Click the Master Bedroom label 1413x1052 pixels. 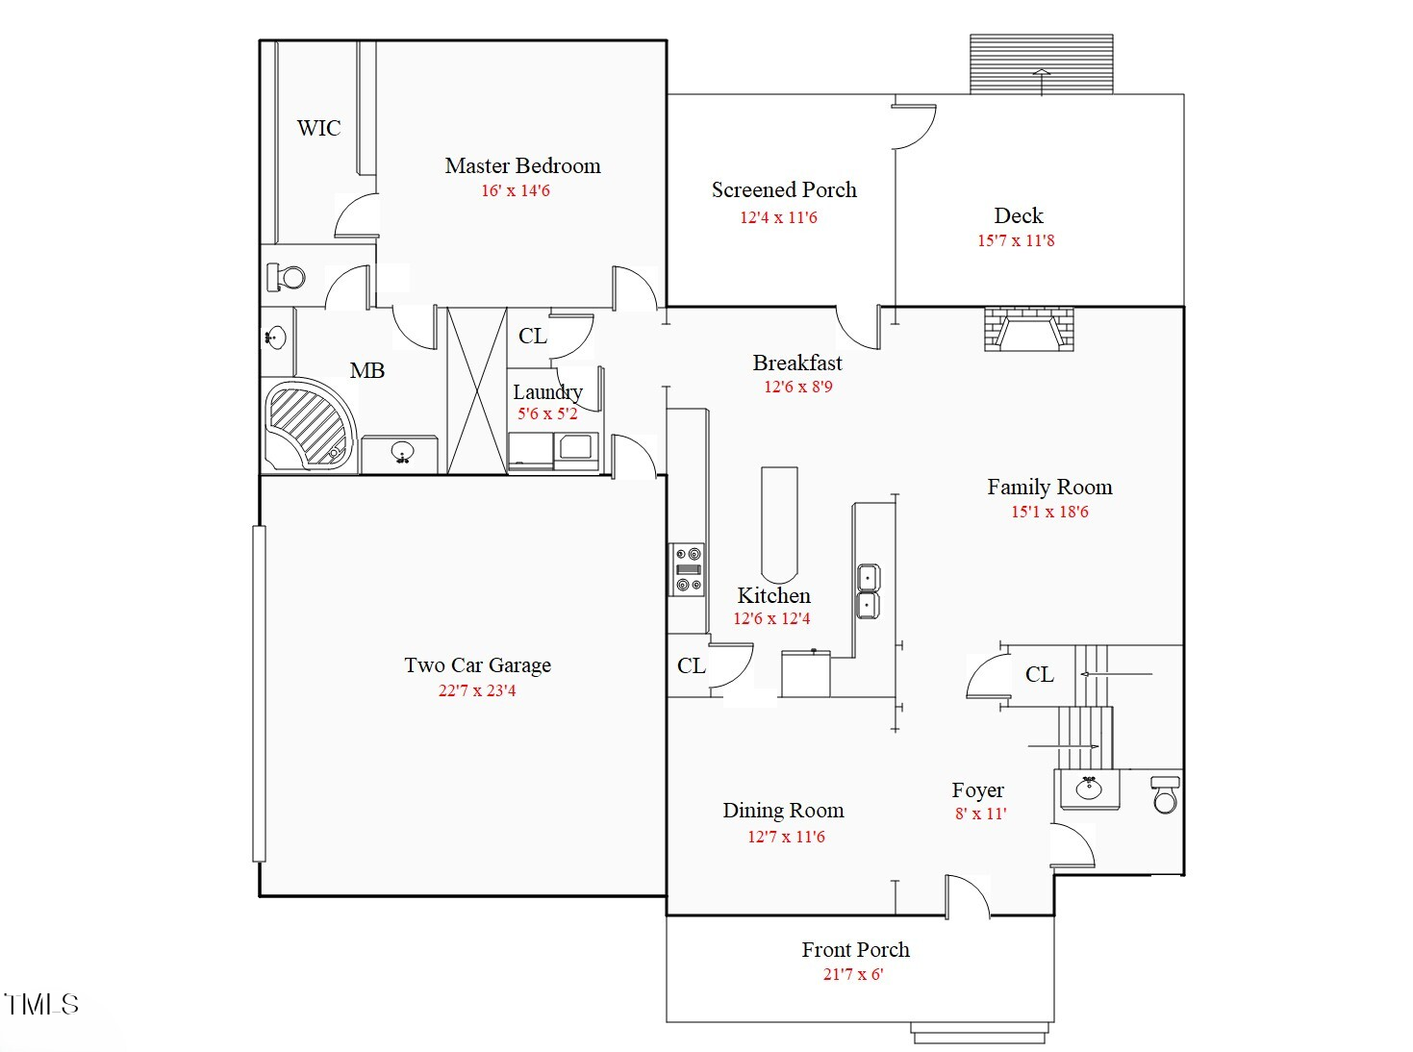tap(522, 165)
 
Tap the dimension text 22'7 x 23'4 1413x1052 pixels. tap(476, 690)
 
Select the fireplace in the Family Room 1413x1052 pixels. tap(1029, 329)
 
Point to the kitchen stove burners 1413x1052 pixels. tap(687, 569)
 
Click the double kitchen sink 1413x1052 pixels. tap(868, 591)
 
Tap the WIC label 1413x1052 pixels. tap(318, 128)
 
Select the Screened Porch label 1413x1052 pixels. tap(784, 189)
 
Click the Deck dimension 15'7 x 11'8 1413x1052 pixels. tap(1016, 240)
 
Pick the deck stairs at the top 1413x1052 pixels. tap(1041, 64)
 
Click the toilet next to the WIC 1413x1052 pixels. tap(286, 277)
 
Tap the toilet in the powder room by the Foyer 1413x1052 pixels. tap(1165, 794)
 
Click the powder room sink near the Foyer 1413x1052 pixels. tap(1089, 789)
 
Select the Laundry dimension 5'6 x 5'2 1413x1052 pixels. tap(547, 413)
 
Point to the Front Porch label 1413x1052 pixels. tap(855, 949)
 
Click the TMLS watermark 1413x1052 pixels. tap(41, 1004)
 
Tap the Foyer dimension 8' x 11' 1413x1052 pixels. tap(980, 814)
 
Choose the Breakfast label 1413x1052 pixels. tap(797, 363)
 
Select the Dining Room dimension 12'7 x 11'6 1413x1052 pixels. tap(786, 837)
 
